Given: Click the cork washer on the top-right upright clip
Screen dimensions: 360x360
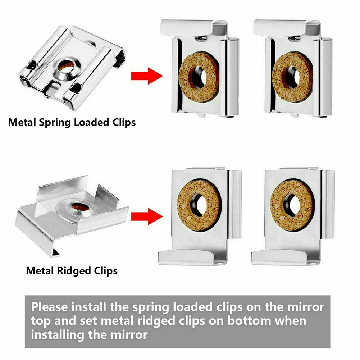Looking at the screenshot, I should click(x=292, y=77).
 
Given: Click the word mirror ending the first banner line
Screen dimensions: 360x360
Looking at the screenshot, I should click(x=305, y=308).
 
